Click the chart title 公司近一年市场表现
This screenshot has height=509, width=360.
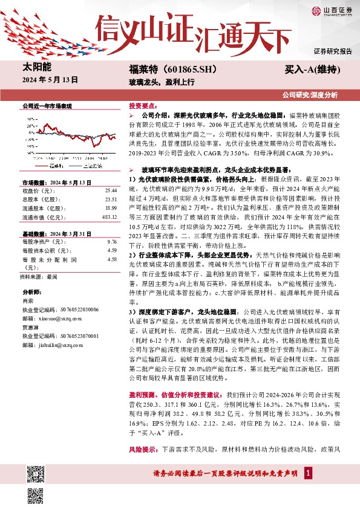(x=47, y=105)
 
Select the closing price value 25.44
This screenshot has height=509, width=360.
(x=111, y=190)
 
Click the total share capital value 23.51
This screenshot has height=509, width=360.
(x=111, y=199)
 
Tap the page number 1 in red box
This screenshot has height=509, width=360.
(x=309, y=472)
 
